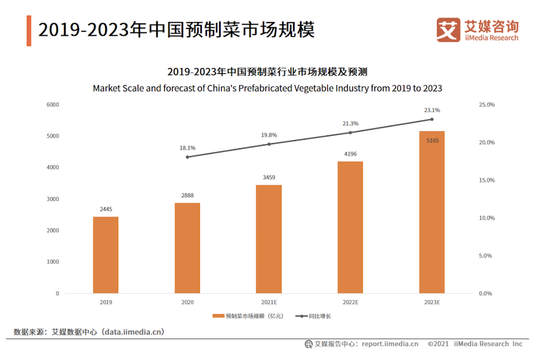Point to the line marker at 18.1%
(x=188, y=157)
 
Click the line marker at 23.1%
(x=431, y=119)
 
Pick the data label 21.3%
(x=350, y=123)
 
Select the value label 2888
(x=188, y=195)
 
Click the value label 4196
(x=350, y=154)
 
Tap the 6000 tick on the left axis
(x=53, y=104)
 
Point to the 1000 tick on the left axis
(x=53, y=262)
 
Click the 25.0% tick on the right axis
(x=487, y=104)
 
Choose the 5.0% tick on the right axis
(x=487, y=256)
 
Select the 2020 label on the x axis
(x=188, y=302)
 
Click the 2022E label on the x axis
(x=350, y=302)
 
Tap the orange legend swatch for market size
(x=218, y=316)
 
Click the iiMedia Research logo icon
(x=448, y=30)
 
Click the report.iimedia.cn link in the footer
(x=390, y=344)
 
